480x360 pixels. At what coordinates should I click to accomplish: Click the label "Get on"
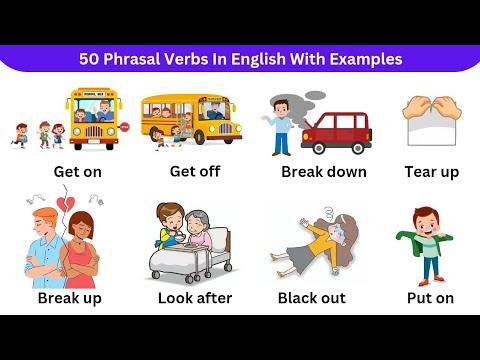coord(78,171)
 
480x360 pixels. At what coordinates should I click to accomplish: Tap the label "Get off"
coord(194,171)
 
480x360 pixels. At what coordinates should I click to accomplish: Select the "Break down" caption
coord(323,172)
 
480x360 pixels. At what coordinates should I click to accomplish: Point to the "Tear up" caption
coord(431,172)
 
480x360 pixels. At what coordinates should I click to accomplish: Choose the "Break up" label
coord(69,298)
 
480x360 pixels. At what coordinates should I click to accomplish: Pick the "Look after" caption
coord(195,298)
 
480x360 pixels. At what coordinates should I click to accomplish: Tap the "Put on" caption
coord(431,298)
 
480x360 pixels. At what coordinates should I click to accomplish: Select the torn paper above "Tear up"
coord(431,120)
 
